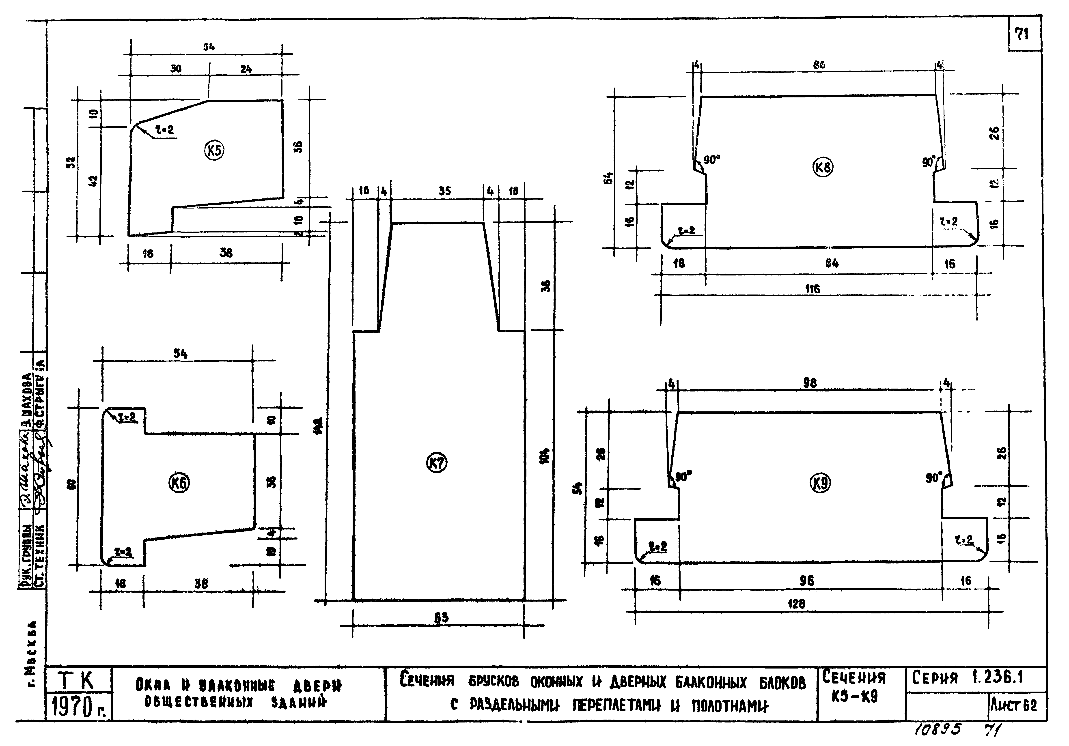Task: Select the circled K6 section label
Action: (179, 484)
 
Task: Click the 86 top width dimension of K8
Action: (819, 65)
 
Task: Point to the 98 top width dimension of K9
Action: (810, 383)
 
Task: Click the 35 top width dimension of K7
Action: (445, 191)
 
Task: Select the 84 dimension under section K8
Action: (832, 263)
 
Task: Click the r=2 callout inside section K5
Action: (165, 130)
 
